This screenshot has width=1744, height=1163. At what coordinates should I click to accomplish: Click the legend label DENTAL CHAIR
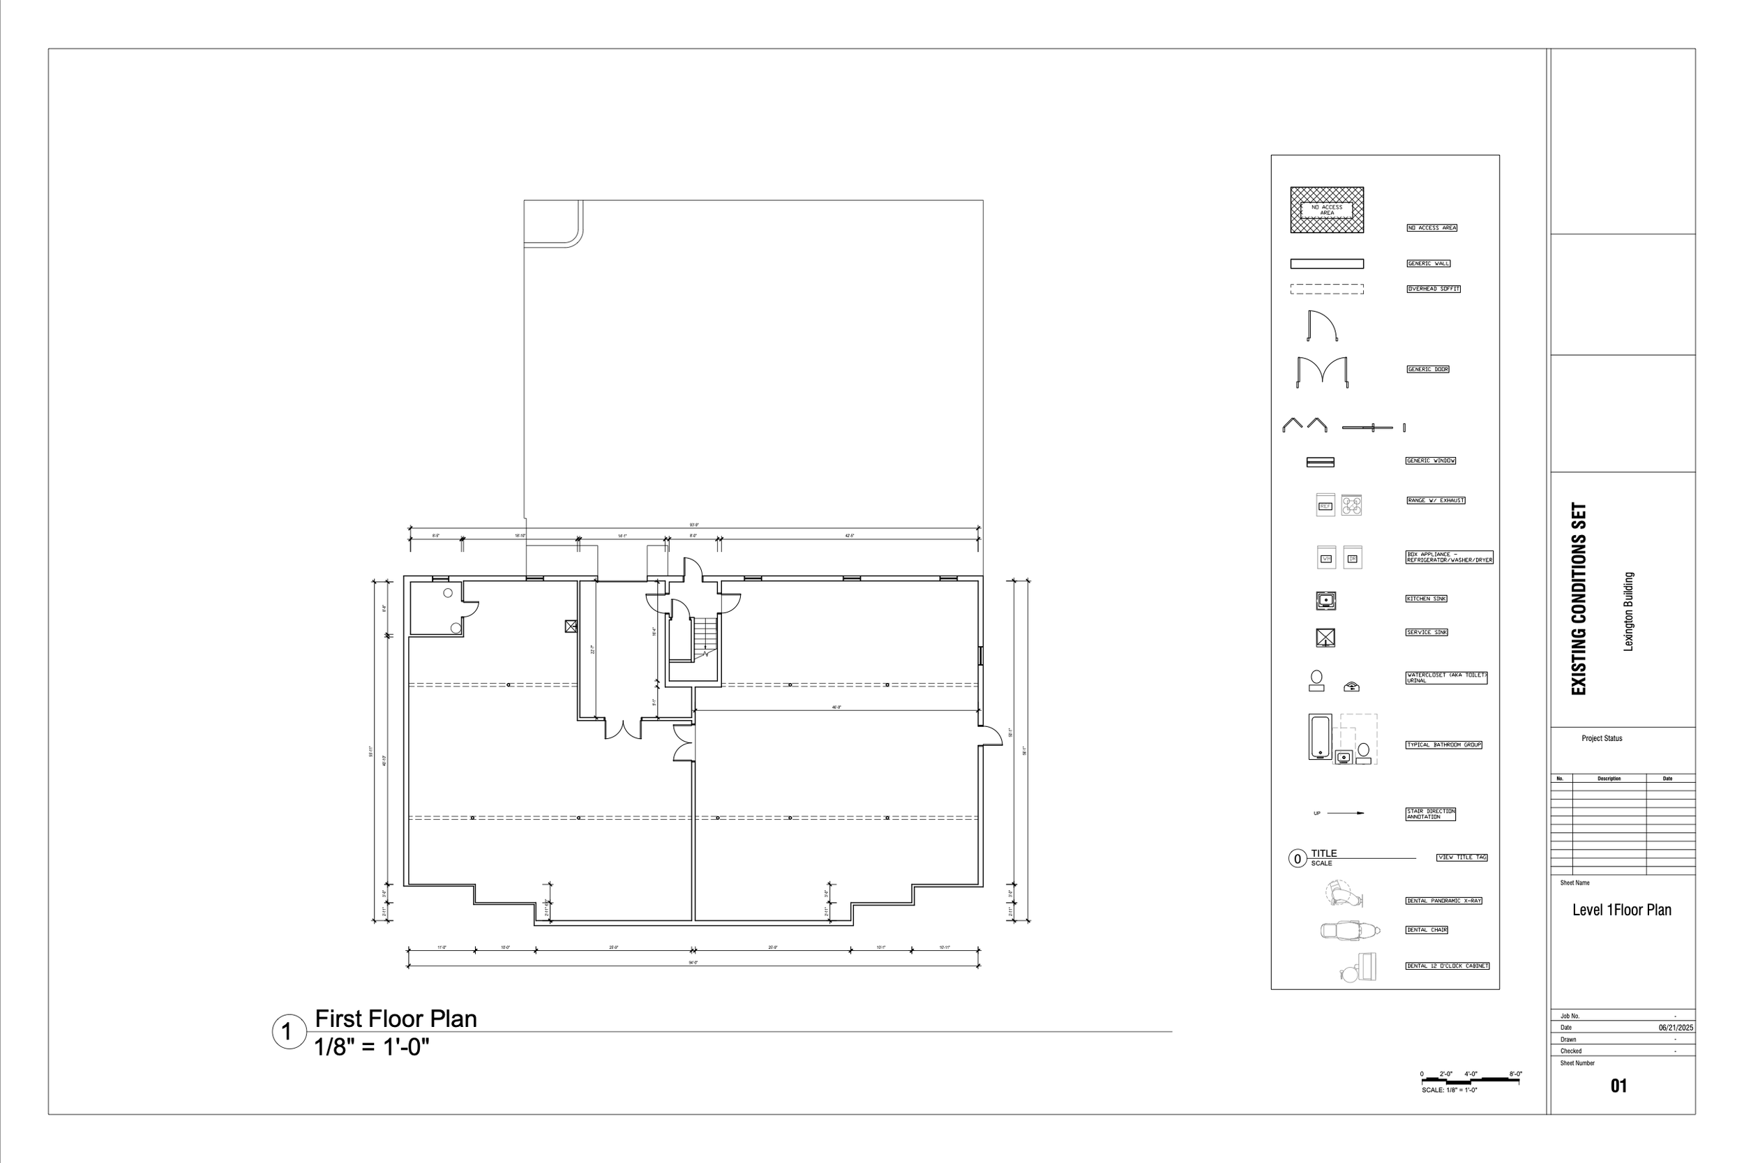point(1427,930)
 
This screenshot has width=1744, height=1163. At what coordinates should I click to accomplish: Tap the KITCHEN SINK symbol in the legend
point(1326,601)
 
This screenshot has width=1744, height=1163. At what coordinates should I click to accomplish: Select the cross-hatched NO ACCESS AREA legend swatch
point(1327,210)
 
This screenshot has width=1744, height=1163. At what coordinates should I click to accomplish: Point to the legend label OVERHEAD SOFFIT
point(1434,290)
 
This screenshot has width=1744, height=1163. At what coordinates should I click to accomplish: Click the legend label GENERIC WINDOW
point(1430,460)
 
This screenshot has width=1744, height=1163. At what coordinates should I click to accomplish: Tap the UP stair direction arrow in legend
point(1345,813)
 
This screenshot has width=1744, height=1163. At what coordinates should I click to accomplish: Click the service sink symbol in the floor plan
point(571,626)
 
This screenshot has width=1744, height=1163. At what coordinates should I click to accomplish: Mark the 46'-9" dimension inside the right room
point(836,707)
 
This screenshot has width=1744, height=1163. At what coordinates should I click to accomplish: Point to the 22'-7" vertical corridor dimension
point(592,650)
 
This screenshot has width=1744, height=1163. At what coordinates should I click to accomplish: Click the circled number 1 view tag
point(287,1032)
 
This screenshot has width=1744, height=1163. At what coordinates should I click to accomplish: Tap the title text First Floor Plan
point(396,1019)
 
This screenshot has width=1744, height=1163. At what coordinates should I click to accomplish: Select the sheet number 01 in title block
point(1618,1086)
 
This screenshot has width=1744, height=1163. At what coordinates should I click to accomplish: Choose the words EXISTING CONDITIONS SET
point(1579,599)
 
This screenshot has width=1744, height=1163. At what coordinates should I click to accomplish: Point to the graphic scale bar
point(1470,1081)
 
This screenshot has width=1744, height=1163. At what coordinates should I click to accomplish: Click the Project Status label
point(1602,739)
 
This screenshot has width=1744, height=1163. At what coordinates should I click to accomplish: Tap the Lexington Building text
point(1629,611)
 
